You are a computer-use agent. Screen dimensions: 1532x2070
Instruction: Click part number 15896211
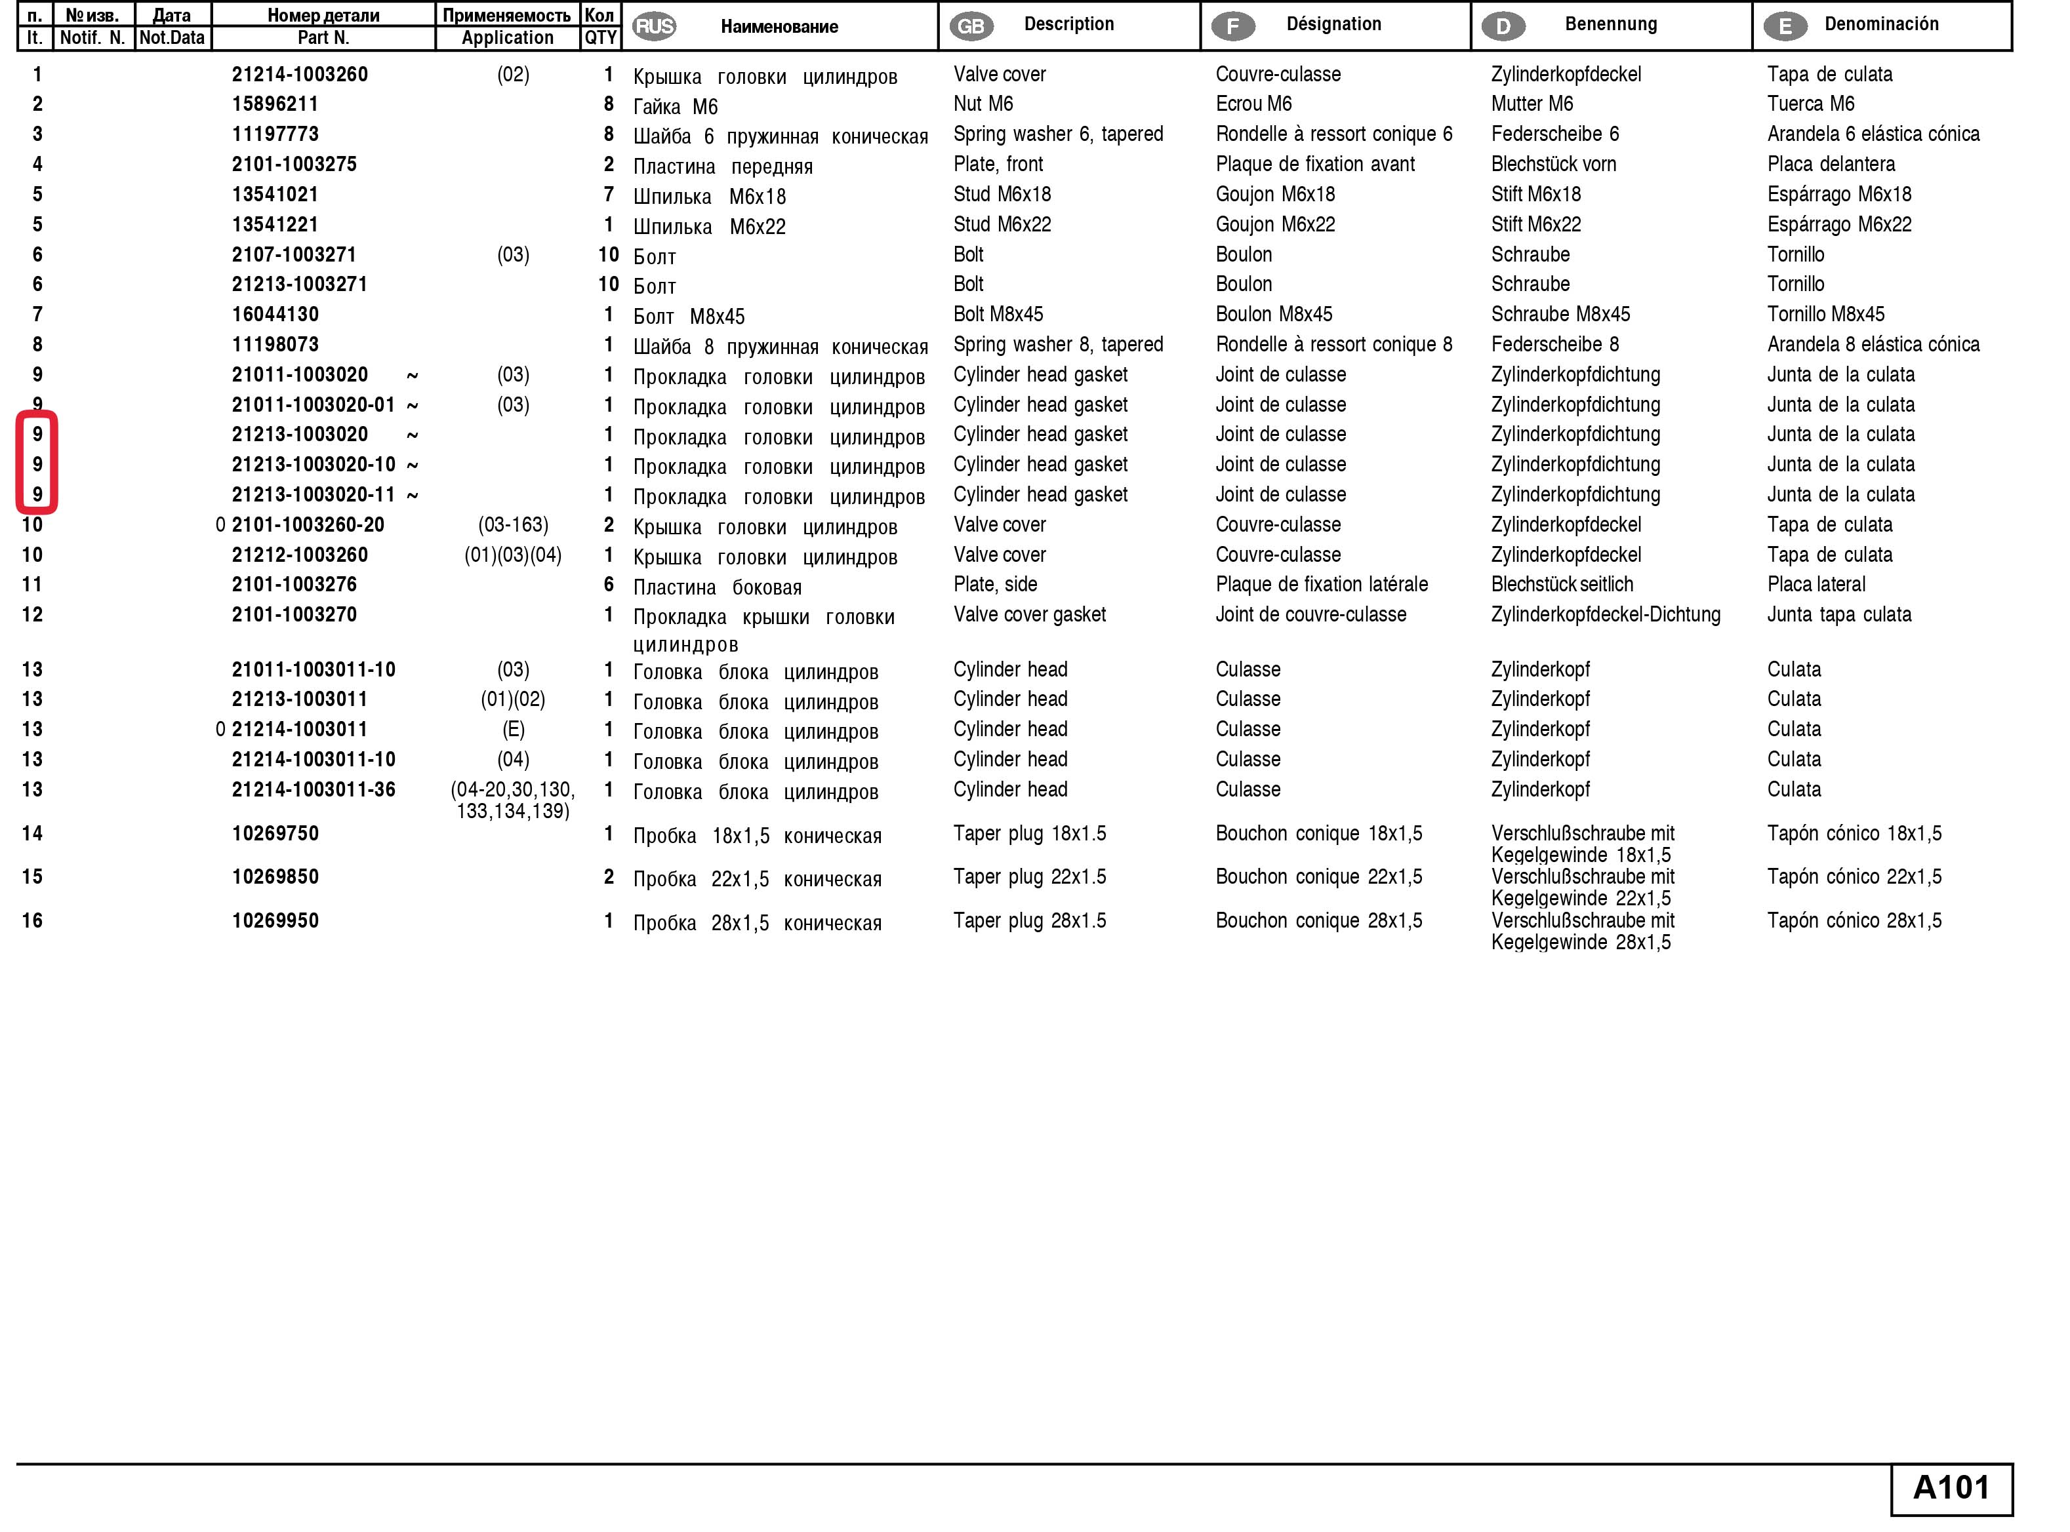275,104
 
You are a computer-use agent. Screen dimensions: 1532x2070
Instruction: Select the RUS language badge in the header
654,26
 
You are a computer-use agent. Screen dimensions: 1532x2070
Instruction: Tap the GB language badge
971,26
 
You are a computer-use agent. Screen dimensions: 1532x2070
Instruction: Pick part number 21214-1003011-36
314,789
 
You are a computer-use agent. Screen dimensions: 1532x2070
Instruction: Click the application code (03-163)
513,525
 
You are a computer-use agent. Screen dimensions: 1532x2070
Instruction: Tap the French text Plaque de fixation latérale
1321,584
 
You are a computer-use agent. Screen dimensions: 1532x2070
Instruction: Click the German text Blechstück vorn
1553,164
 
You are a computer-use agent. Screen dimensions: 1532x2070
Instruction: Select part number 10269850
275,877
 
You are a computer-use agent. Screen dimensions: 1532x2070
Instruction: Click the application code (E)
513,730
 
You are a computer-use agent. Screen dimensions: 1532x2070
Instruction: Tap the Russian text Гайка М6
674,107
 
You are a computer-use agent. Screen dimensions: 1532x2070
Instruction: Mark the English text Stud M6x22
1002,224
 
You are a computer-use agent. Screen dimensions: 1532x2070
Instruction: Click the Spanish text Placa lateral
1816,584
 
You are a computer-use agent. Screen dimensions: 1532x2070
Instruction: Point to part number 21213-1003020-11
314,494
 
